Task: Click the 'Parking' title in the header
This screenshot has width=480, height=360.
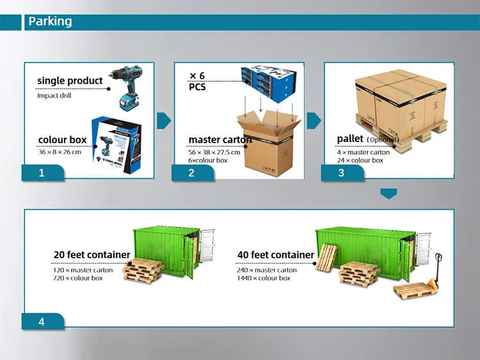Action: coord(51,22)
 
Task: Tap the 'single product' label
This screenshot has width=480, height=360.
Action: coord(70,81)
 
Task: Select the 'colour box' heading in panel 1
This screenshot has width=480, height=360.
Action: coord(62,140)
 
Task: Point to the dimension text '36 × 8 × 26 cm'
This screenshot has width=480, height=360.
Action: coord(60,152)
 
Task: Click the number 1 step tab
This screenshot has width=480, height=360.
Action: coord(42,173)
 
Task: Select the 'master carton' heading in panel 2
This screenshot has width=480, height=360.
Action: coord(220,140)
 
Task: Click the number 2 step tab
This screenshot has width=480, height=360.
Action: coord(191,173)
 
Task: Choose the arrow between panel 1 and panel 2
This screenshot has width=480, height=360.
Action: coord(164,120)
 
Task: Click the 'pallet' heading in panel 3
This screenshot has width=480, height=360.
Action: coord(351,139)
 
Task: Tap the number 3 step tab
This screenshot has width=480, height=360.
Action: coord(341,173)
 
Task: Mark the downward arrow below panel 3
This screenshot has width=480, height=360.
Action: coord(388,193)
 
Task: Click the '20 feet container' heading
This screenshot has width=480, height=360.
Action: coord(92,255)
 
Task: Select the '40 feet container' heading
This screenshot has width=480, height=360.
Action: coord(276,255)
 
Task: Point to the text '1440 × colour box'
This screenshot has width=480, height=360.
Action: coord(264,278)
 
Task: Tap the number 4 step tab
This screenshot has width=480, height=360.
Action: coord(42,322)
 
